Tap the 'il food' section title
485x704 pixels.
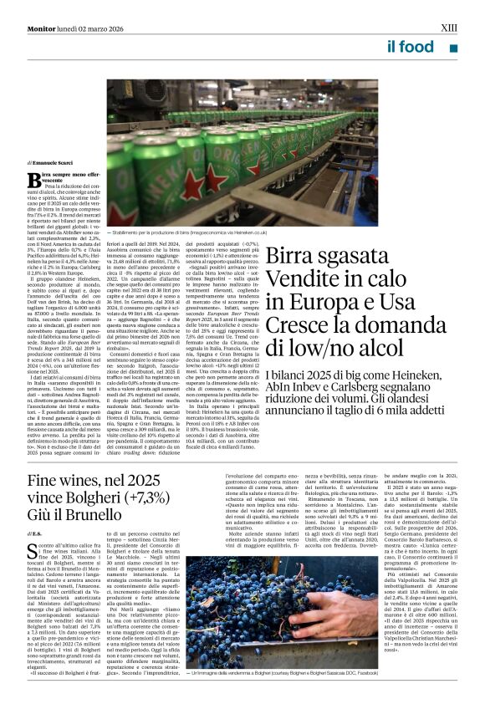411,48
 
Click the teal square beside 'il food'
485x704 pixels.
453,49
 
